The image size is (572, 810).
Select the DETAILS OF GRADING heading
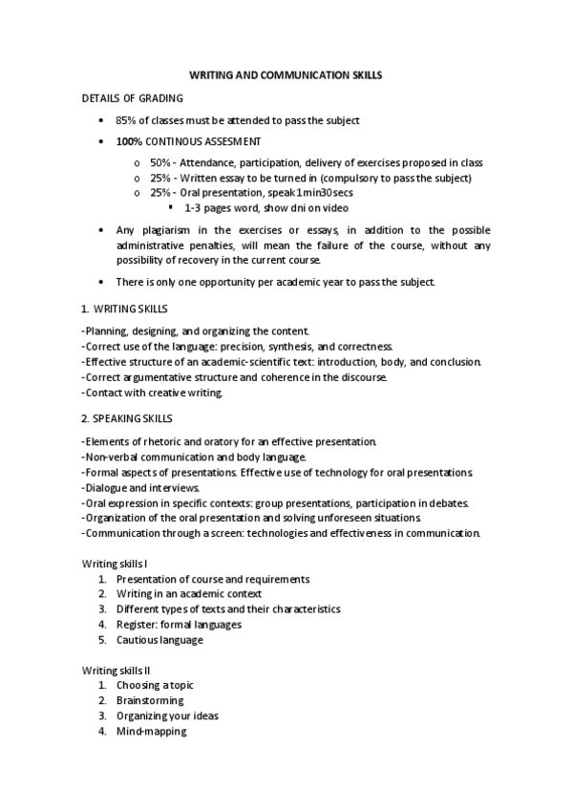tap(133, 97)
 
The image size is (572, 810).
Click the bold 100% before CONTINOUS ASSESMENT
tap(130, 141)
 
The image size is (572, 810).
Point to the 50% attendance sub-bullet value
tap(160, 163)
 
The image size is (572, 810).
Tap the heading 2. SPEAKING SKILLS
tap(128, 418)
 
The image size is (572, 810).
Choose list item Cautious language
tap(159, 640)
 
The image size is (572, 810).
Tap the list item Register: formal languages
tap(179, 625)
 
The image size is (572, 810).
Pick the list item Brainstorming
tap(150, 701)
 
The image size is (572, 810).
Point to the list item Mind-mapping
tap(151, 732)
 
